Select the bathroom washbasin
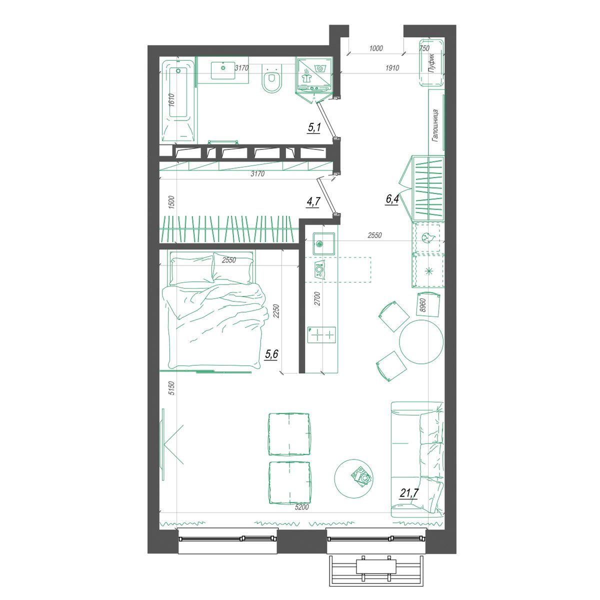point(223,70)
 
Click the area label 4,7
point(313,202)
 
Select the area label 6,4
point(392,199)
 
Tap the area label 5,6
point(271,354)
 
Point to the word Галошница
point(435,125)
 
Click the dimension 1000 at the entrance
point(376,48)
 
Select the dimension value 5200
point(301,516)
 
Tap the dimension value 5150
point(171,388)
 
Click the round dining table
point(421,341)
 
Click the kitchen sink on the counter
point(320,244)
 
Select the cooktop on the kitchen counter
point(321,335)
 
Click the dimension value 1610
point(172,100)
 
